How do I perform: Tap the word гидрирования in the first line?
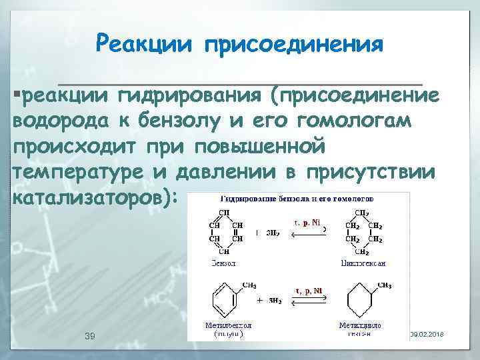[x=189, y=97]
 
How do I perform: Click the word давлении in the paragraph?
[x=220, y=171]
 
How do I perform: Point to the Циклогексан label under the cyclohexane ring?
[x=362, y=263]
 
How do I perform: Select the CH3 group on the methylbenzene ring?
[x=247, y=285]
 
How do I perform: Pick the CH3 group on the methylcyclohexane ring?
[x=384, y=285]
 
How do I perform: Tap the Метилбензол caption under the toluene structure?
[x=223, y=325]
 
